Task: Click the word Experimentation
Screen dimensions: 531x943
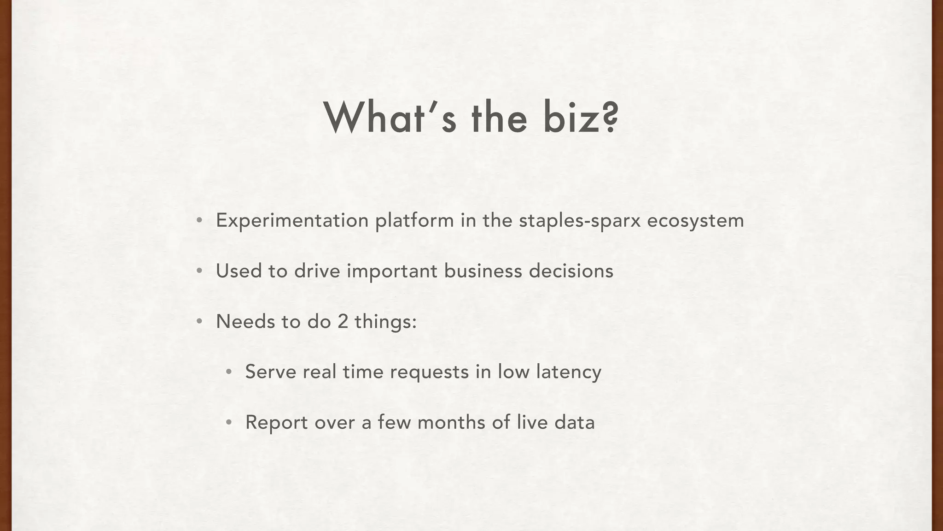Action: click(292, 220)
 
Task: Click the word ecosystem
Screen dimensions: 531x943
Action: click(695, 220)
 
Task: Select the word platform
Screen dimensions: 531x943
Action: click(414, 220)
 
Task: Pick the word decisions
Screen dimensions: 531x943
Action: click(571, 271)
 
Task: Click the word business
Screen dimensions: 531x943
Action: click(483, 271)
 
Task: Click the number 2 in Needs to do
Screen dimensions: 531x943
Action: click(343, 321)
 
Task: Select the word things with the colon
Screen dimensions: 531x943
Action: click(385, 321)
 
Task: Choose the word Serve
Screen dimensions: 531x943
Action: click(271, 372)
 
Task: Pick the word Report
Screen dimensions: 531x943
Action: click(276, 422)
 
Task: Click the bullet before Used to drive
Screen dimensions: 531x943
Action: click(199, 271)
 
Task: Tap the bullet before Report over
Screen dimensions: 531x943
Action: click(228, 422)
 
